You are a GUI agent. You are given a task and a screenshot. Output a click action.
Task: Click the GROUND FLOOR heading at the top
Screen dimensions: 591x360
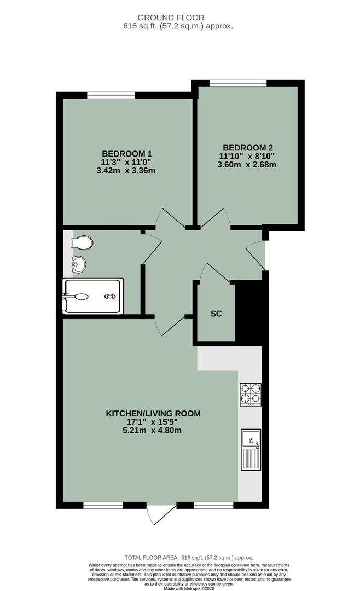(x=178, y=18)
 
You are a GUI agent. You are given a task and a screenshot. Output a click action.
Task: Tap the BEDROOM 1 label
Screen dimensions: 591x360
(x=126, y=153)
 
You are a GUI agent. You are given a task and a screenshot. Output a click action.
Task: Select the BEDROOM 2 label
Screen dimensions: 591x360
(x=247, y=147)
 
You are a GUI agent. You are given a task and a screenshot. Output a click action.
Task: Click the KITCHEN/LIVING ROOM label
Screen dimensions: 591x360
(x=153, y=413)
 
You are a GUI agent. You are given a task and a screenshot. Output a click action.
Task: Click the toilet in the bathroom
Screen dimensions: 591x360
(x=83, y=242)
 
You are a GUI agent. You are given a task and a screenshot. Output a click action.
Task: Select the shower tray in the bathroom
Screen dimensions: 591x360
(x=94, y=296)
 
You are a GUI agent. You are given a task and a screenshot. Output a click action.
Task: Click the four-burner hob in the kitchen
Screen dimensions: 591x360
(x=251, y=394)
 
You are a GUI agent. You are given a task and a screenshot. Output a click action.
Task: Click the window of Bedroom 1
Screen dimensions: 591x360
(x=111, y=95)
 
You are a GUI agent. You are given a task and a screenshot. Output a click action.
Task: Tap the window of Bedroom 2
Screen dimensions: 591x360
(x=238, y=83)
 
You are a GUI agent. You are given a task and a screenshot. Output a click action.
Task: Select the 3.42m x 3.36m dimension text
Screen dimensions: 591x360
(x=126, y=170)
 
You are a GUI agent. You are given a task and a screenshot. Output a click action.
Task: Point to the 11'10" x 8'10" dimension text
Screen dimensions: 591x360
(x=247, y=156)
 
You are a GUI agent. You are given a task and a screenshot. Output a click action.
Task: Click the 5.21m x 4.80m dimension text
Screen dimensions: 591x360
(x=153, y=430)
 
